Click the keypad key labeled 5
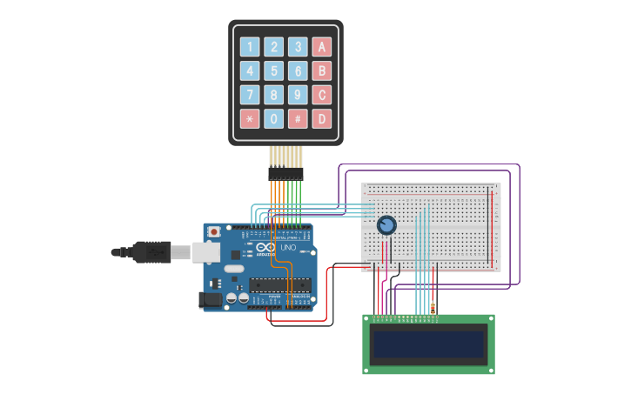(x=274, y=70)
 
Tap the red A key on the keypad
(x=322, y=47)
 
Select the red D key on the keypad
(x=322, y=118)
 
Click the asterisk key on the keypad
(x=250, y=118)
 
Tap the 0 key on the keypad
(x=274, y=118)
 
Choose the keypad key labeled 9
(x=298, y=95)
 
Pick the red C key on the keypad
(x=322, y=95)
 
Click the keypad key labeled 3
(x=298, y=47)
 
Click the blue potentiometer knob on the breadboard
(x=386, y=225)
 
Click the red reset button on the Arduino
(x=214, y=232)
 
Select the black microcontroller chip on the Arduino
(x=279, y=284)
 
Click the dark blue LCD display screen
(x=428, y=344)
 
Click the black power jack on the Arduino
(x=210, y=300)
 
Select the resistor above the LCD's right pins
(x=433, y=307)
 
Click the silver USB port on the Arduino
(x=206, y=252)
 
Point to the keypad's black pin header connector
(x=285, y=174)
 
